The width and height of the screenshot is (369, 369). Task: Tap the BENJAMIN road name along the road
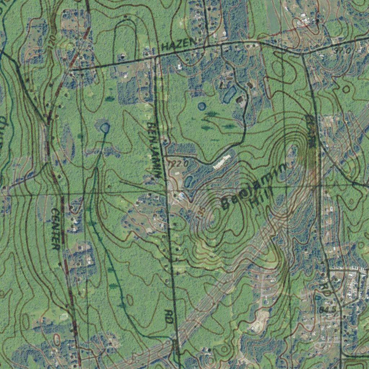tap(154, 149)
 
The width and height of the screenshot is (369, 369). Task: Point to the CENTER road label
tap(55, 229)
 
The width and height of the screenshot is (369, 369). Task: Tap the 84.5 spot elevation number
tap(327, 310)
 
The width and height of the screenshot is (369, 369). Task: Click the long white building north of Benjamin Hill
tap(222, 162)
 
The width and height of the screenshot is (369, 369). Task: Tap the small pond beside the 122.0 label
tap(188, 181)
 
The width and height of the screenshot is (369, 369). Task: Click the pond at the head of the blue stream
tap(105, 128)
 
